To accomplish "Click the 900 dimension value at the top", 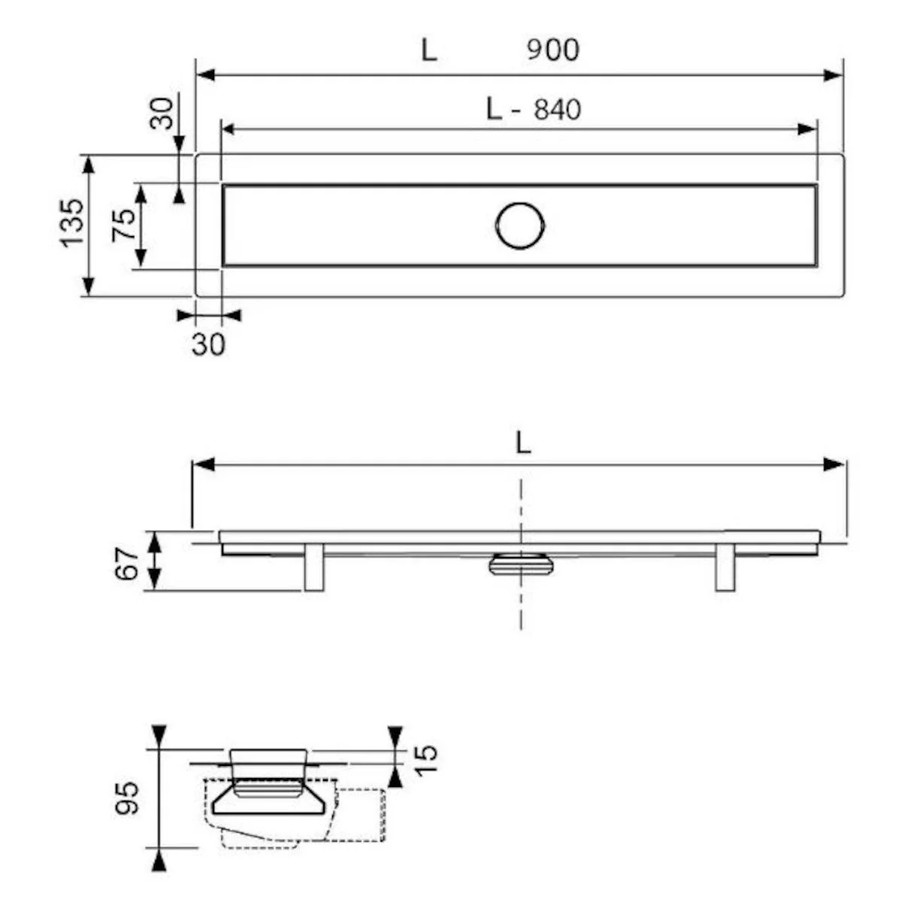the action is point(552,50).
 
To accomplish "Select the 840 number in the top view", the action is point(558,110).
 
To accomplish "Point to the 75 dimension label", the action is point(123,225).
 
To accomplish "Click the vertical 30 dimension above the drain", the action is point(161,113).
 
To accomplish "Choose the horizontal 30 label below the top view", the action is point(208,345).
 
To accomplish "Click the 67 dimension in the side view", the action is point(127,565).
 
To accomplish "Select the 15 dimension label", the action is point(426,760).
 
